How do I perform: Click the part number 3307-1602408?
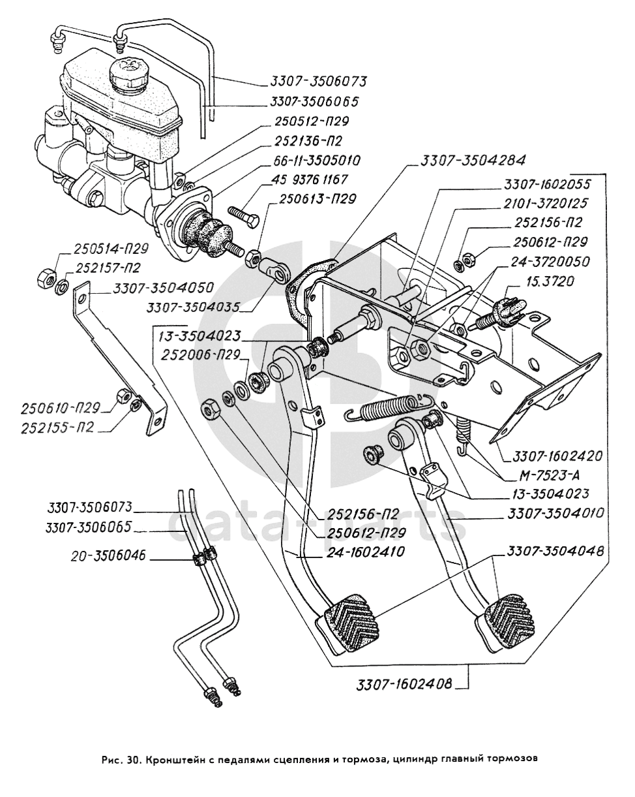point(404,685)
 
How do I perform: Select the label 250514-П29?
point(111,249)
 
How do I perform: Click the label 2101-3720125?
point(545,204)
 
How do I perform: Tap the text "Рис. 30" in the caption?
point(120,759)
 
